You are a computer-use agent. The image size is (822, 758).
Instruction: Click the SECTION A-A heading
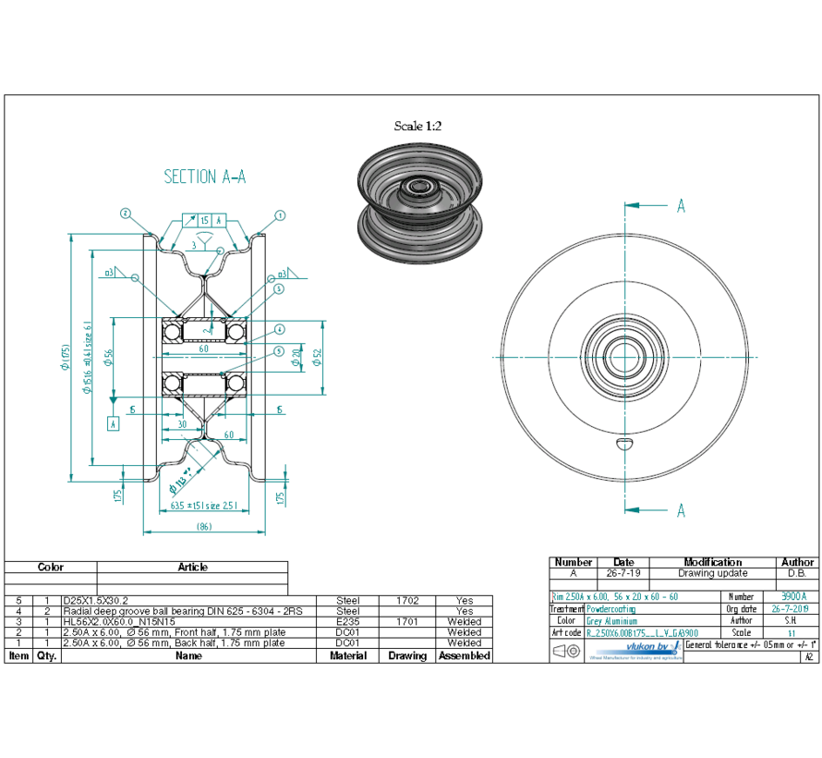pyautogui.click(x=204, y=177)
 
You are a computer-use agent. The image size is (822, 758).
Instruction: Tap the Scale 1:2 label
pyautogui.click(x=417, y=126)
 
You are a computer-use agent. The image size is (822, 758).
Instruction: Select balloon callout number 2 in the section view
pyautogui.click(x=126, y=214)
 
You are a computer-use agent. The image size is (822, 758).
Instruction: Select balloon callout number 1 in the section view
pyautogui.click(x=280, y=214)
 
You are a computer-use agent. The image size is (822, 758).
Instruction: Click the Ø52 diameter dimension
pyautogui.click(x=317, y=356)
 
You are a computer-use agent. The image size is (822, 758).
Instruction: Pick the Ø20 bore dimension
pyautogui.click(x=296, y=356)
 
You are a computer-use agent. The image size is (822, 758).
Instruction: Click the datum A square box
pyautogui.click(x=114, y=423)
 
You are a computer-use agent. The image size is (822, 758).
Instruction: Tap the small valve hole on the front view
pyautogui.click(x=625, y=444)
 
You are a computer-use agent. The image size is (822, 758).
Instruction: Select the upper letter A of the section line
pyautogui.click(x=681, y=206)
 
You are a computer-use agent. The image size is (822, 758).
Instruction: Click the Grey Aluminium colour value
pyautogui.click(x=611, y=621)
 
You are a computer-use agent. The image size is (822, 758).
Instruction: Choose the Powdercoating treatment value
pyautogui.click(x=610, y=609)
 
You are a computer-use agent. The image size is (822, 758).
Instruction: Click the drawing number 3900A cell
pyautogui.click(x=793, y=597)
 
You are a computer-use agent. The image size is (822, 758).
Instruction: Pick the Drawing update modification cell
pyautogui.click(x=712, y=573)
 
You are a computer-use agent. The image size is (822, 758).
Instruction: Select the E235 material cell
pyautogui.click(x=347, y=622)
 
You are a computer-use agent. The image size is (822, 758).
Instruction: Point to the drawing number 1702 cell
pyautogui.click(x=407, y=600)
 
